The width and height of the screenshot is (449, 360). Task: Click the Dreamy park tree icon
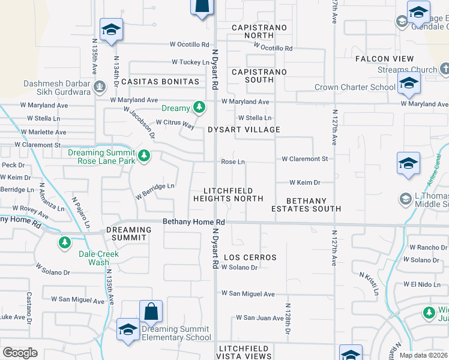coord(200,108)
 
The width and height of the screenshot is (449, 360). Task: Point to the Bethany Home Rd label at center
coord(194,222)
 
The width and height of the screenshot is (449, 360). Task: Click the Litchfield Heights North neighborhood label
coord(228,194)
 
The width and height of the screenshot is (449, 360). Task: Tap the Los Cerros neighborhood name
coord(250,257)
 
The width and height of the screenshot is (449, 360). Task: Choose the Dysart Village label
coord(244,130)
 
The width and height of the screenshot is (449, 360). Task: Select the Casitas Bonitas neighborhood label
coord(160,81)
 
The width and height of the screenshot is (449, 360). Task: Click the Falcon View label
coord(385,59)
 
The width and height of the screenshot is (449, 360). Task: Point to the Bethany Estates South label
coord(306,205)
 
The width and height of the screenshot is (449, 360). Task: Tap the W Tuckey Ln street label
coord(190,62)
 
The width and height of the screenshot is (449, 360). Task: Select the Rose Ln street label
coord(233,162)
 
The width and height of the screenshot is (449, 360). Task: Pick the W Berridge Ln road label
coord(155,190)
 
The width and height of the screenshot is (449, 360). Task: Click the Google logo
coord(20,353)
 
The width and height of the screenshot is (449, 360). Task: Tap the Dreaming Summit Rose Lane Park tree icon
coord(143,157)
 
